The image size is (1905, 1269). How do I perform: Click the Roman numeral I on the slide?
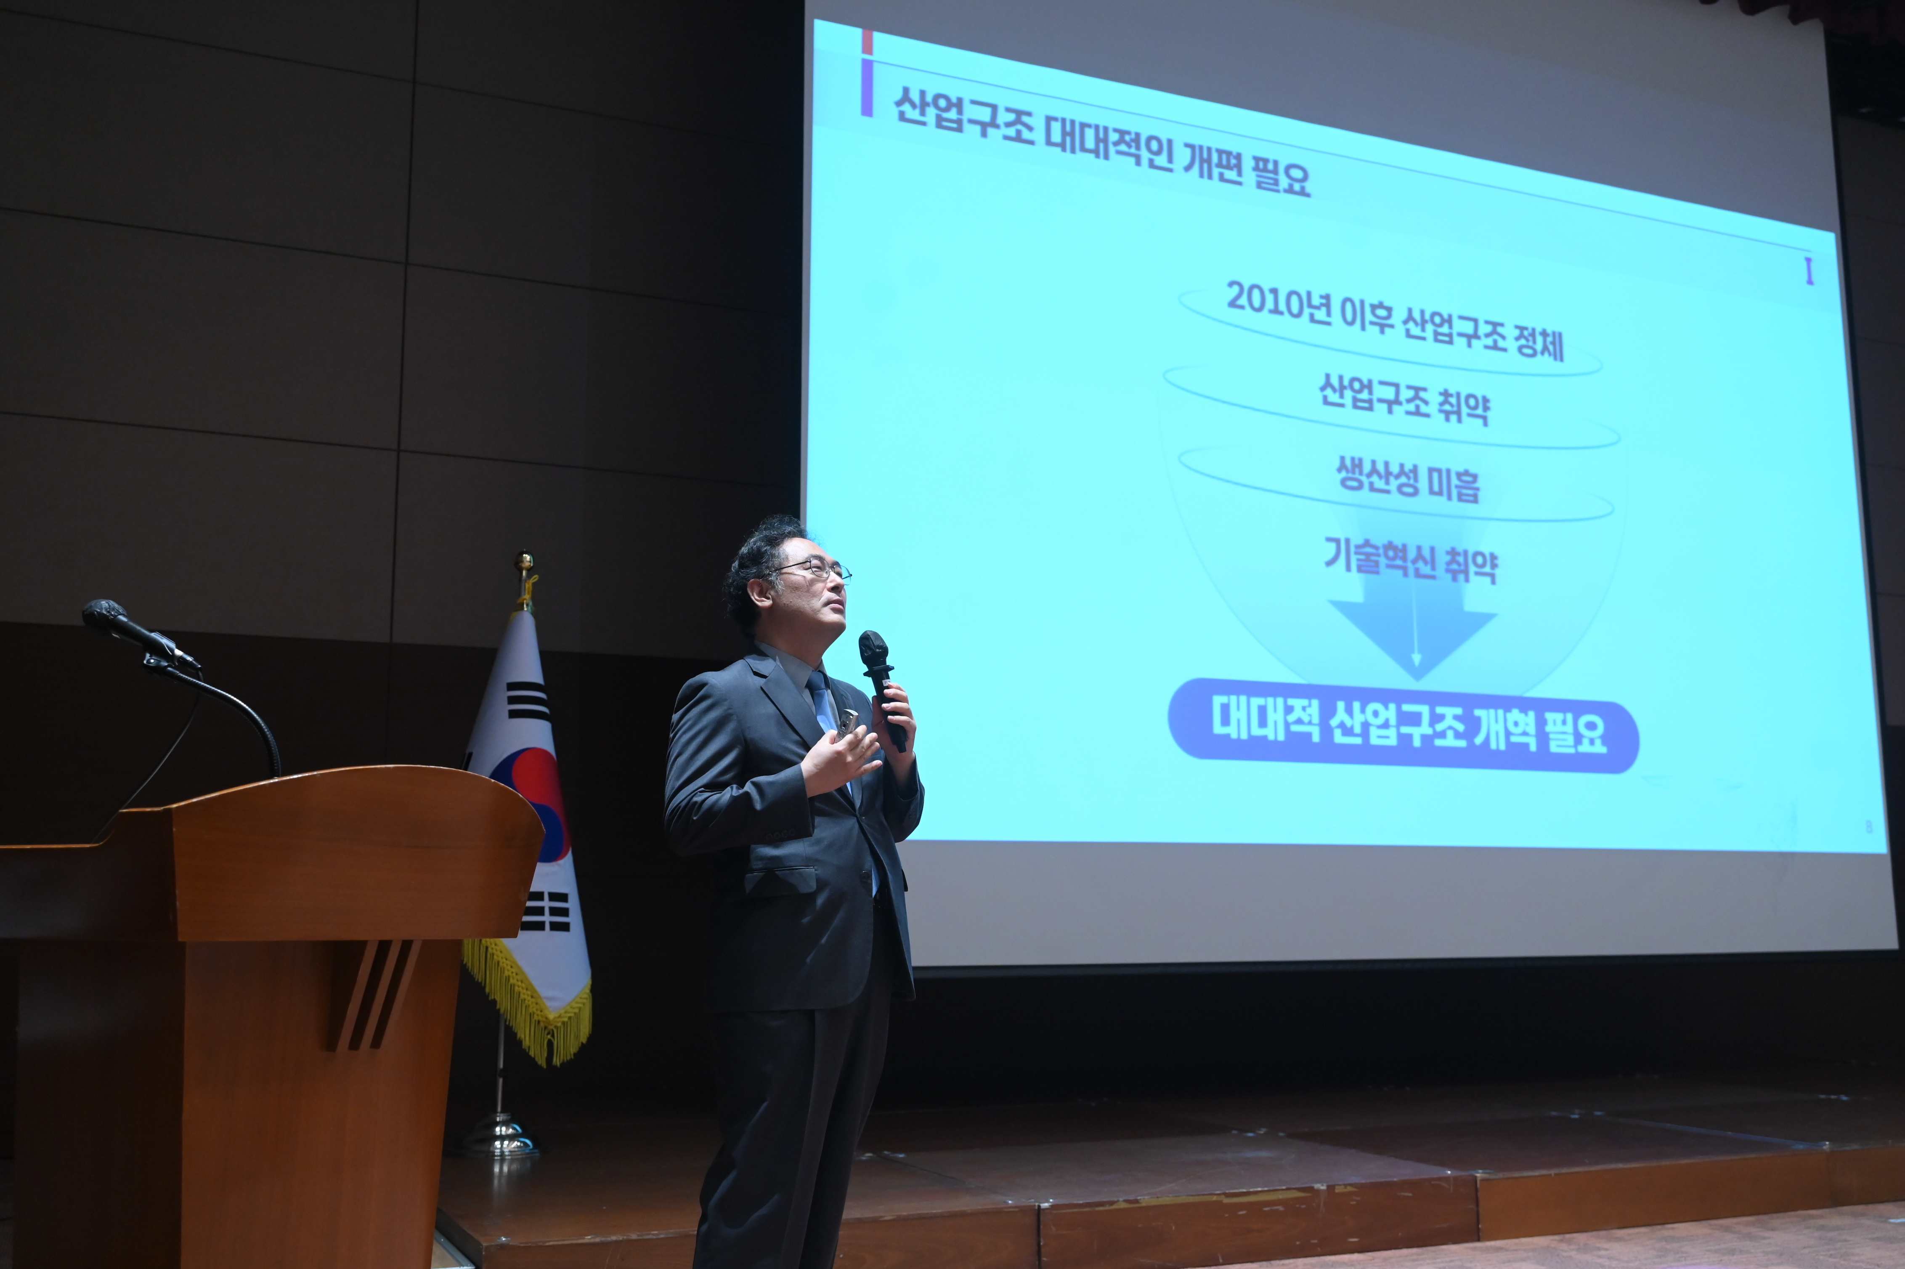(1809, 272)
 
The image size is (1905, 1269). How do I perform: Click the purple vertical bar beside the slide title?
(867, 88)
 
